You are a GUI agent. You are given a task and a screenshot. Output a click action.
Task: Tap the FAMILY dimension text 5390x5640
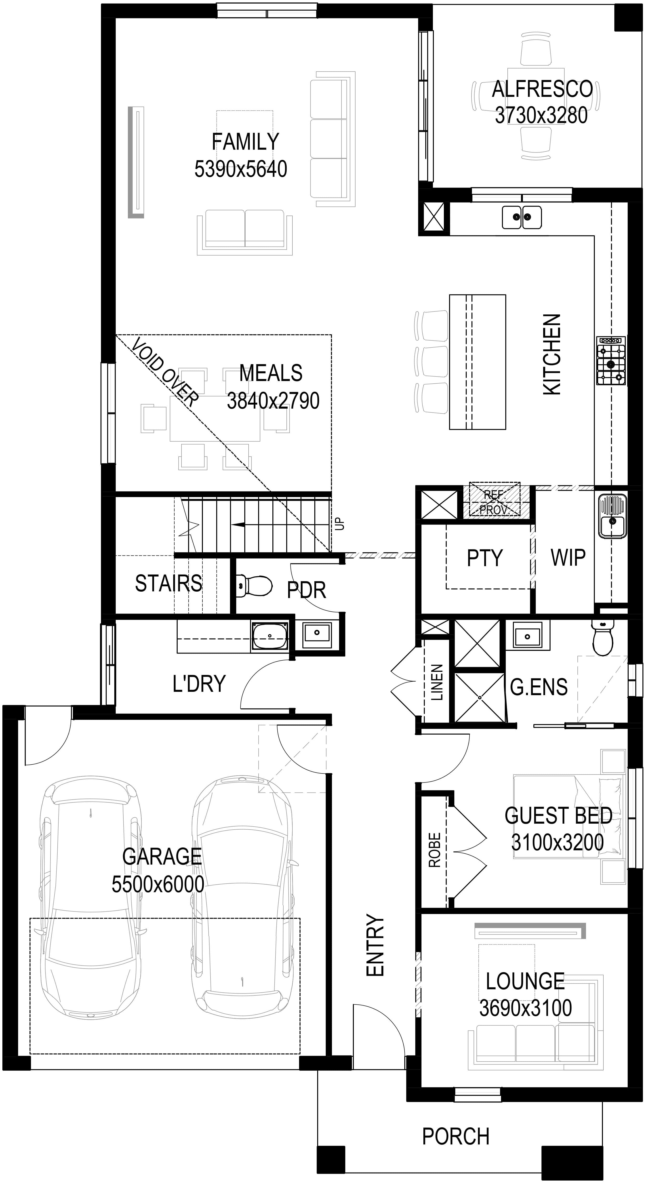[241, 169]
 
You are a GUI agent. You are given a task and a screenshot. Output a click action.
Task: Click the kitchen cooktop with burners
[611, 361]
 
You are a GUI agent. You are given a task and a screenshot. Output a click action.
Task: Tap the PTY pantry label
[485, 558]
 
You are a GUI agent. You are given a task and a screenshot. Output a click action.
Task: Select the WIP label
[568, 557]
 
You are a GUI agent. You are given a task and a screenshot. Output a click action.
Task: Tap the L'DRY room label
[199, 683]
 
